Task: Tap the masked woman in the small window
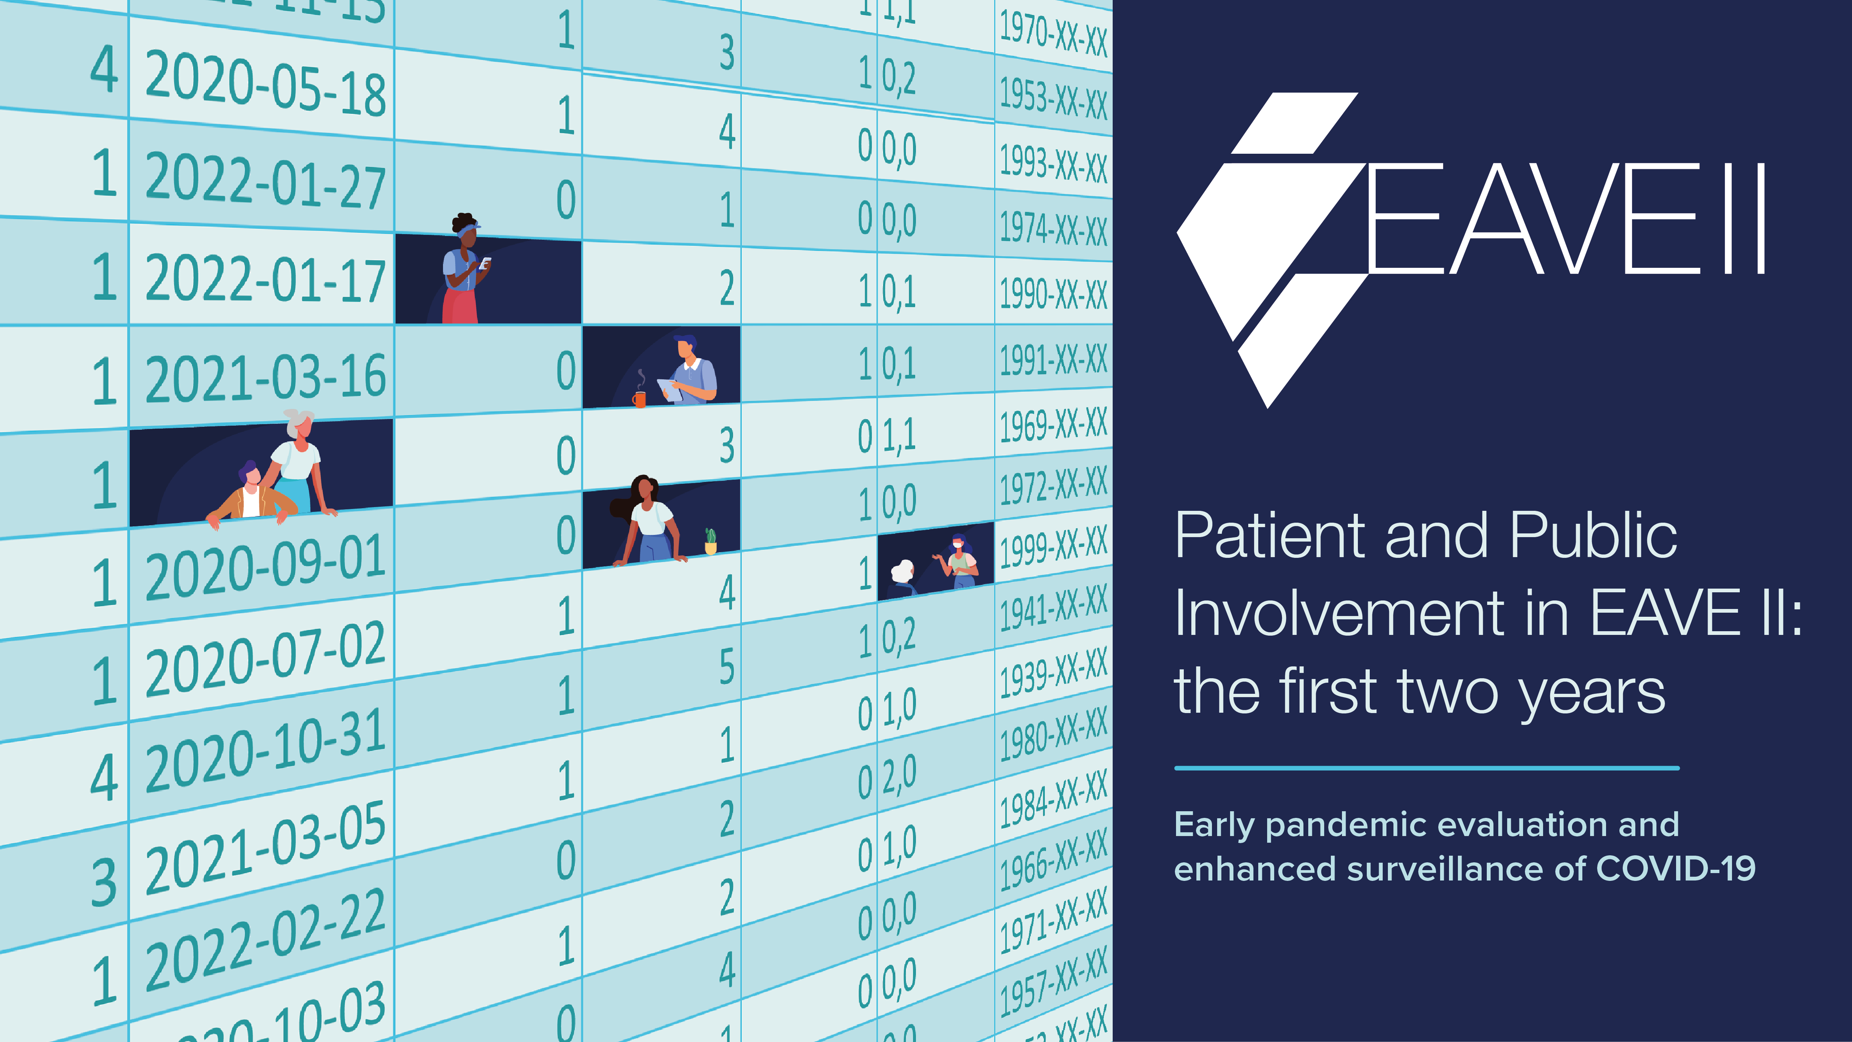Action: [960, 561]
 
